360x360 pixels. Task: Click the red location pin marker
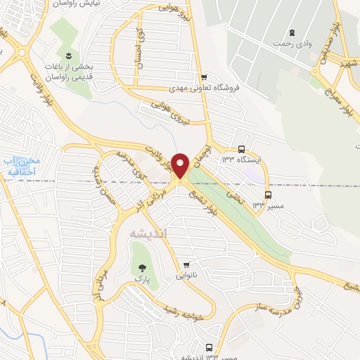click(181, 165)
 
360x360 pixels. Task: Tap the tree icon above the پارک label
click(143, 266)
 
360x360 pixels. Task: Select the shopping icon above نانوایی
click(186, 265)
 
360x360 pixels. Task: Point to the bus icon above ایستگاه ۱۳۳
click(242, 149)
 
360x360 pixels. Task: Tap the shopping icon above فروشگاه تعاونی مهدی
click(204, 77)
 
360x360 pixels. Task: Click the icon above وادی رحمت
click(291, 32)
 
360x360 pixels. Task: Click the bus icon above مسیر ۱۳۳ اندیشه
click(209, 347)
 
